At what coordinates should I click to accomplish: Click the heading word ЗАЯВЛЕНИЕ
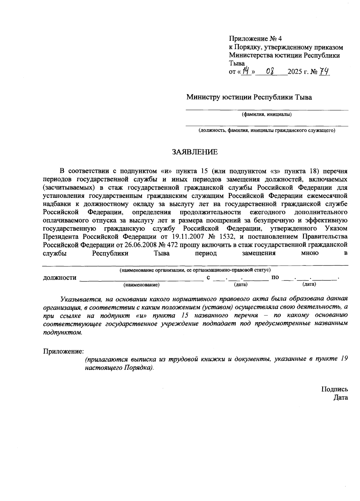coord(195,152)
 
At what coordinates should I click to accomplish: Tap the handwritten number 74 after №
coord(325,72)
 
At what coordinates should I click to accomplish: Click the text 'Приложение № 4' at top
coord(256,39)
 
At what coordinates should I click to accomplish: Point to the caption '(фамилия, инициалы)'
coord(267,114)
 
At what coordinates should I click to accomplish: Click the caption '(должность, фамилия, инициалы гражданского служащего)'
coord(266,130)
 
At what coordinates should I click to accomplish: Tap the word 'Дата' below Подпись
coord(340,398)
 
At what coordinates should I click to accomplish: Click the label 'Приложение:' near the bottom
coord(63,351)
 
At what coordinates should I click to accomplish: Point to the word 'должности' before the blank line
coord(60,278)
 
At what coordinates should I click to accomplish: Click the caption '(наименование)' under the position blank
coord(141,285)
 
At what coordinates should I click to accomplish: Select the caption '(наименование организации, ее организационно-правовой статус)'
coord(195,270)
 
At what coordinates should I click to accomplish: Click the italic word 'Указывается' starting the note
coord(79,299)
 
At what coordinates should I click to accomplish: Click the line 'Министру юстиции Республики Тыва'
coord(249,97)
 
